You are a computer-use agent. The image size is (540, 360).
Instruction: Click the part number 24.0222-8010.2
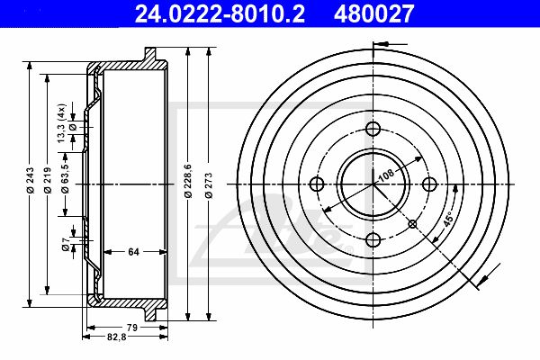point(220,13)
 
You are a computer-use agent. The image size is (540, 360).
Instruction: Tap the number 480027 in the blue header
point(373,13)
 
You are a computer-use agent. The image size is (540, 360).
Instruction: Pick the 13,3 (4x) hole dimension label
point(61,123)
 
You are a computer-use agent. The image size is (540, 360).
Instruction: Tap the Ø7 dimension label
point(66,244)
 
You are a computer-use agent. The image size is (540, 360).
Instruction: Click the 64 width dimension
point(133,252)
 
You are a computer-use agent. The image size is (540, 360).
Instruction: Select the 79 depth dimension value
point(132,328)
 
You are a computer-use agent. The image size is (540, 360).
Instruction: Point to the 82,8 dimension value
point(117,337)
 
